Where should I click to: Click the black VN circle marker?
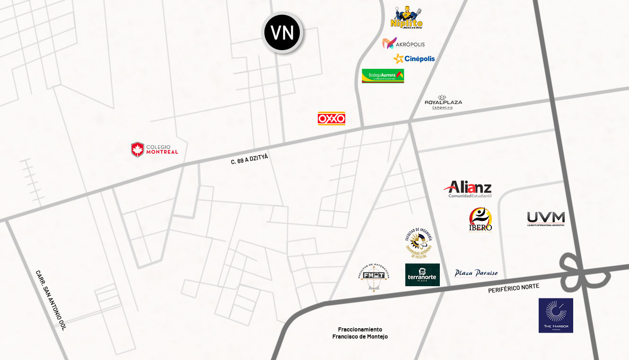pos(282,32)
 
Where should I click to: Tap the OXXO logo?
pos(332,118)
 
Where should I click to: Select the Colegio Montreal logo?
pos(155,149)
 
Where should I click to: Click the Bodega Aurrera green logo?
pos(383,76)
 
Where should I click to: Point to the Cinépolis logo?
pos(414,59)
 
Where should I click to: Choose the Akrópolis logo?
pos(403,44)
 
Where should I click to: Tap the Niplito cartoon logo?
pos(407,18)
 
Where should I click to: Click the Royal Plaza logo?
pos(443,102)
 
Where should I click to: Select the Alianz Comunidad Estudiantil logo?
pos(468,189)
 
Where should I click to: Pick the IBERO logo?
pos(480,220)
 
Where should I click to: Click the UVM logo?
pos(546,219)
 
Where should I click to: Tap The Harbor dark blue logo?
pos(556,315)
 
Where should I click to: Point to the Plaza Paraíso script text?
pos(476,273)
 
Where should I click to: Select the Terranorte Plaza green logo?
pos(422,275)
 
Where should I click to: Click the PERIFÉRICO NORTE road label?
pos(514,288)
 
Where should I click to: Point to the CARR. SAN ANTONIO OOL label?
pos(51,300)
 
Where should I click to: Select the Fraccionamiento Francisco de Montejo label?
pos(360,333)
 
